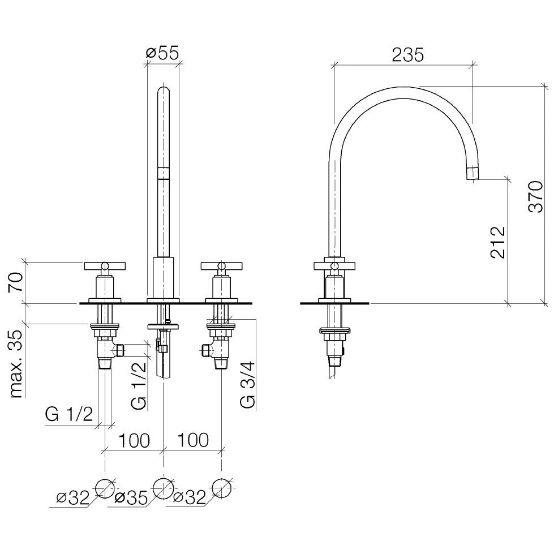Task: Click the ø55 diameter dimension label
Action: [x=162, y=53]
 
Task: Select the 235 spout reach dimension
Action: [x=408, y=55]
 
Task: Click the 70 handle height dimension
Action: [x=16, y=282]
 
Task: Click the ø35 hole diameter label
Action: [x=131, y=498]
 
